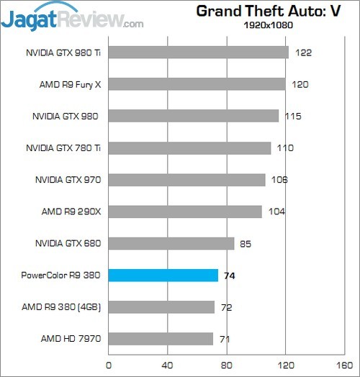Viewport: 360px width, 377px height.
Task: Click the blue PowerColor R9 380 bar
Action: pos(163,275)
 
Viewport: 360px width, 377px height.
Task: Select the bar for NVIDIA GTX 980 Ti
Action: pos(198,53)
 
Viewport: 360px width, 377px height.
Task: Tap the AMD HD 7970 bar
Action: pos(161,339)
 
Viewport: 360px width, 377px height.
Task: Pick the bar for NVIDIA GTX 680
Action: pos(171,243)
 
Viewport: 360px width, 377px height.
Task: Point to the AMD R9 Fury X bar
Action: pos(197,84)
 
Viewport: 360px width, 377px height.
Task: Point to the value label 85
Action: pos(246,243)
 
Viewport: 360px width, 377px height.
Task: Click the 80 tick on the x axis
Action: pos(227,365)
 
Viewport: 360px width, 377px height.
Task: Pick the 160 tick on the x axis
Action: pos(345,365)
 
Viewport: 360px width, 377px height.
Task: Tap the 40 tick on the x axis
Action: pos(168,365)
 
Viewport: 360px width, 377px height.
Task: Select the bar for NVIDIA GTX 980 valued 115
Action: pos(193,116)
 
